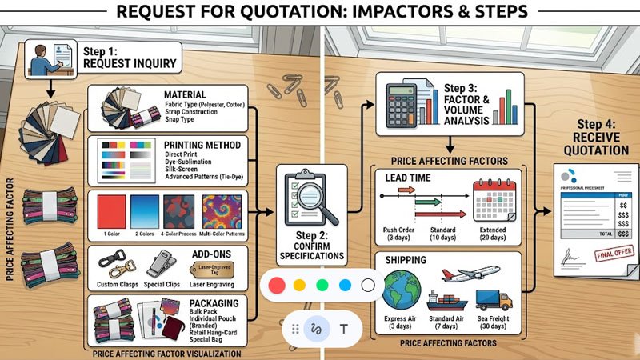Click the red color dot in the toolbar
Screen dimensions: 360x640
tap(278, 285)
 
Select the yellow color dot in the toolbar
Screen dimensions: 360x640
tap(300, 285)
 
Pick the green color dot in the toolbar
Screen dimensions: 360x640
tap(322, 285)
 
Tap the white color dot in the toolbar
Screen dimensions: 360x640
tap(368, 285)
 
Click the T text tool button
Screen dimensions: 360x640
tap(344, 328)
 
